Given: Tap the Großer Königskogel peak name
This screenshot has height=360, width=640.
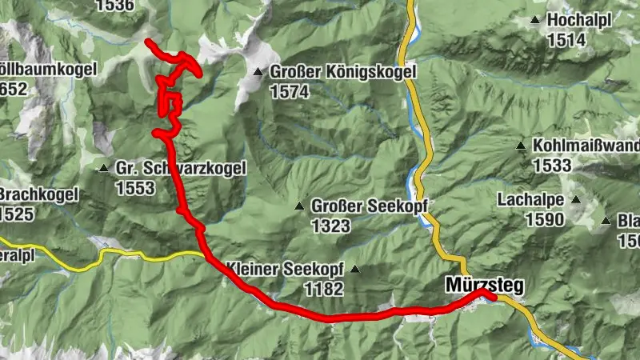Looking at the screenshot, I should pyautogui.click(x=344, y=73).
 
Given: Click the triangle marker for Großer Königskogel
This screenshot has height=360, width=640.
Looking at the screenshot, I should pyautogui.click(x=258, y=72).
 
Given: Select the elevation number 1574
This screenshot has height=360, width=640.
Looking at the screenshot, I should pyautogui.click(x=289, y=93).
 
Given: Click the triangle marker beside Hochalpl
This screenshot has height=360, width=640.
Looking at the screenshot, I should pyautogui.click(x=534, y=20).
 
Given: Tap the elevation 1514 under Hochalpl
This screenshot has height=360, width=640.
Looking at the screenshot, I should pyautogui.click(x=566, y=40).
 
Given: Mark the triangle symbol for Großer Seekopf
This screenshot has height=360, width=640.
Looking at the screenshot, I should pyautogui.click(x=298, y=206).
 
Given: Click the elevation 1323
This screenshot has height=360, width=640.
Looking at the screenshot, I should pyautogui.click(x=330, y=226).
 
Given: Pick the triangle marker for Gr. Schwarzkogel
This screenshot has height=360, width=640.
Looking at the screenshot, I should pyautogui.click(x=103, y=168).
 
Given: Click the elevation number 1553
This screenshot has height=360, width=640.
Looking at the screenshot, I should pyautogui.click(x=134, y=189).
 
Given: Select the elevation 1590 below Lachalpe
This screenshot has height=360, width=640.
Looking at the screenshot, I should pyautogui.click(x=544, y=219).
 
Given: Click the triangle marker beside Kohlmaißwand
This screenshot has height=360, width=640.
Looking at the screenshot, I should pyautogui.click(x=521, y=146).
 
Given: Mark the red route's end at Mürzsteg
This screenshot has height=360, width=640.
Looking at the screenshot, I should pyautogui.click(x=493, y=298).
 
